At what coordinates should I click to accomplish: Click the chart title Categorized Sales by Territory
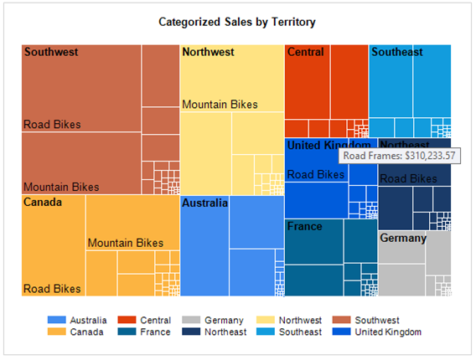237,21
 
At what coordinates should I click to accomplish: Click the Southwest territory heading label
52,52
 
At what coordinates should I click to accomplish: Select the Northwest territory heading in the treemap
208,52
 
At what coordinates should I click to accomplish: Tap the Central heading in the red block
305,52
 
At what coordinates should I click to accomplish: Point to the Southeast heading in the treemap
397,52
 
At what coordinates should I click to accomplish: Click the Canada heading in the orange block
42,203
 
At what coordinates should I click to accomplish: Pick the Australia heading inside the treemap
204,203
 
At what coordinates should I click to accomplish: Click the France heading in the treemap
304,226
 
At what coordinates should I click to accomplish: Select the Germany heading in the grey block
403,238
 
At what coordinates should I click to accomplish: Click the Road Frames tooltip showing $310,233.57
399,156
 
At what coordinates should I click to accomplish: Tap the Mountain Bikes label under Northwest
220,105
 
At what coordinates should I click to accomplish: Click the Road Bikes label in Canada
52,289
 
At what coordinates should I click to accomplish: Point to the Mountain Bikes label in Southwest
61,187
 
